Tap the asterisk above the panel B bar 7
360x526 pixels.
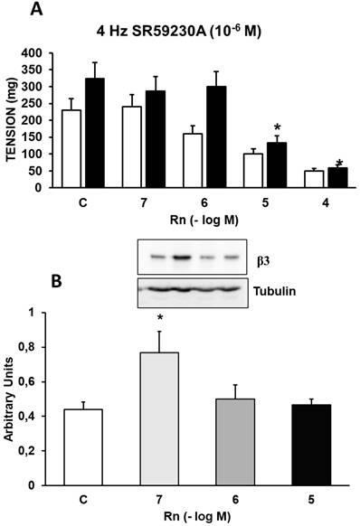point(159,319)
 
